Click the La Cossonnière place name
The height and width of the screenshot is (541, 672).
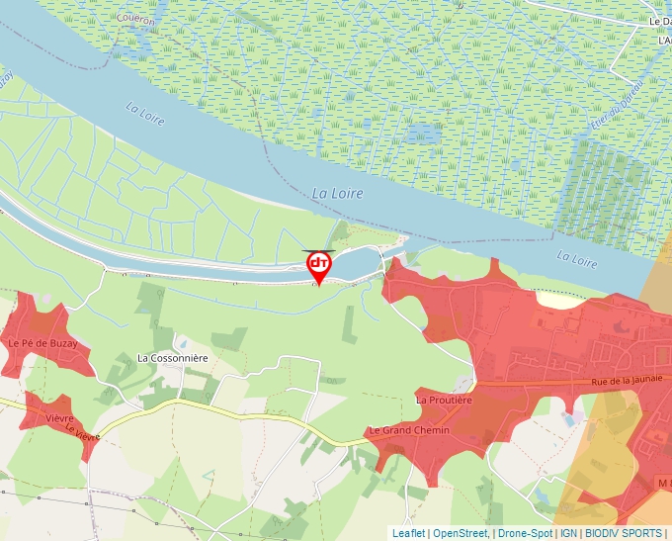pos(173,358)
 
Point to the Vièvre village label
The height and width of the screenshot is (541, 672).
pos(60,418)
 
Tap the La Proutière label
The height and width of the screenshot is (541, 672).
pos(444,401)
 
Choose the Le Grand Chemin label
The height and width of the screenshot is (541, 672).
pos(408,430)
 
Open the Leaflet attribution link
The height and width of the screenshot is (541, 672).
pos(408,533)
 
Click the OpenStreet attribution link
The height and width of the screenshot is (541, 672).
pos(460,533)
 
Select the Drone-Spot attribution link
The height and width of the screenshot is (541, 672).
pos(525,533)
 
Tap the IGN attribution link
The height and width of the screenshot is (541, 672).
pos(568,533)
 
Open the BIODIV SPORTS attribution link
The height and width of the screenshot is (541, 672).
pos(624,533)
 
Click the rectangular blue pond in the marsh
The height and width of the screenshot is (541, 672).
pos(426,131)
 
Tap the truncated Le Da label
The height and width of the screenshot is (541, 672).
pos(659,21)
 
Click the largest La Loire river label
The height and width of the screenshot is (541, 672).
pos(337,193)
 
